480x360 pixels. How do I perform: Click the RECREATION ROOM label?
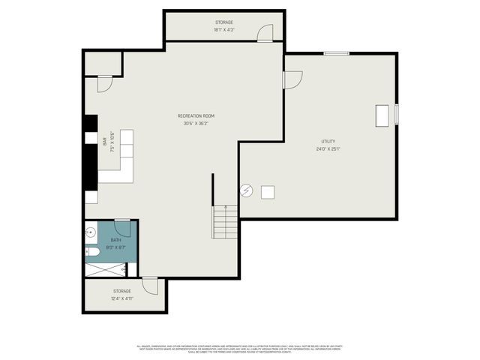click(x=196, y=115)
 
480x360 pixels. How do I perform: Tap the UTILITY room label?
click(x=328, y=141)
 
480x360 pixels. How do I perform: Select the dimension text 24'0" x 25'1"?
click(x=328, y=148)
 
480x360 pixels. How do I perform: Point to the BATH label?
click(x=115, y=240)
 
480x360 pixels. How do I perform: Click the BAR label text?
click(x=105, y=140)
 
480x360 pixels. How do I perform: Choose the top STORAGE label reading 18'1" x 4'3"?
click(x=224, y=23)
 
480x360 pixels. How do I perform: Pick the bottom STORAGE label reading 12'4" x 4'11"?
click(x=122, y=291)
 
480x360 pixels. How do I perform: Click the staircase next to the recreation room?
click(x=224, y=222)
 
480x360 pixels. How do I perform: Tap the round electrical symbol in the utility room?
click(x=245, y=190)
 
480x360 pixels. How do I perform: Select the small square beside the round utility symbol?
click(x=267, y=191)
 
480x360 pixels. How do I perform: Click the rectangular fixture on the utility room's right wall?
click(x=383, y=114)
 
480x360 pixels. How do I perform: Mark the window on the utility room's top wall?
click(x=336, y=53)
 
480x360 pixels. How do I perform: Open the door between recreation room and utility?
click(x=292, y=79)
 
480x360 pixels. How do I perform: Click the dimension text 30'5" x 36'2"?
click(x=196, y=124)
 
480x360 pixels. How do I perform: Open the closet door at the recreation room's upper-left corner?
click(x=104, y=82)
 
